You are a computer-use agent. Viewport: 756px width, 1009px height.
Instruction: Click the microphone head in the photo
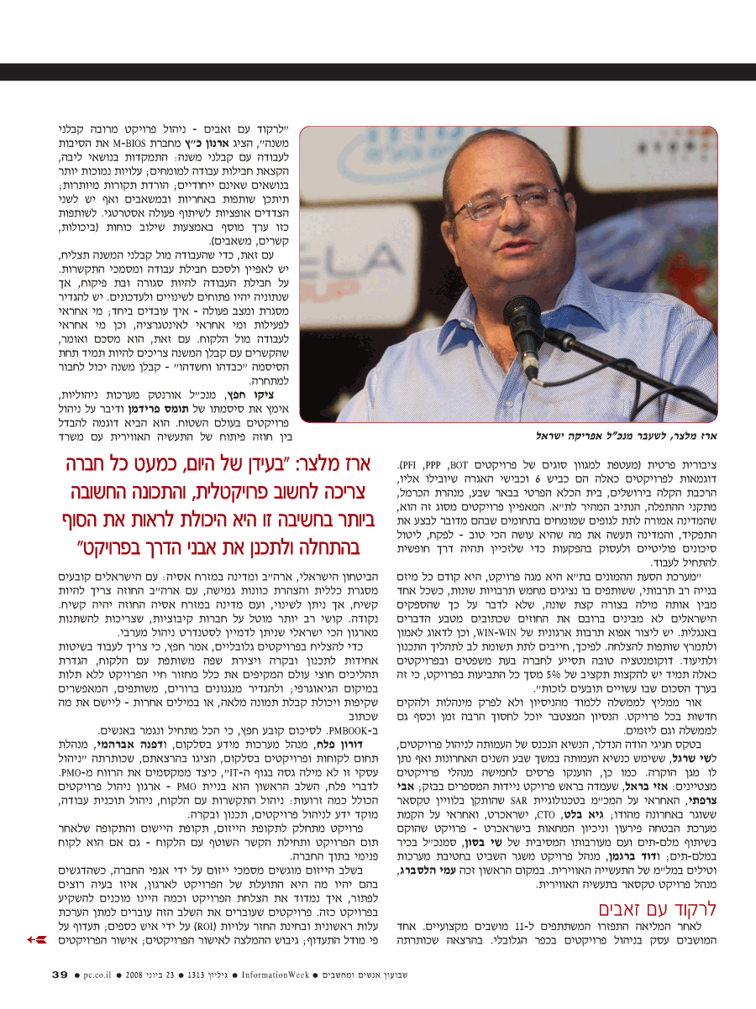[x=521, y=315]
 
